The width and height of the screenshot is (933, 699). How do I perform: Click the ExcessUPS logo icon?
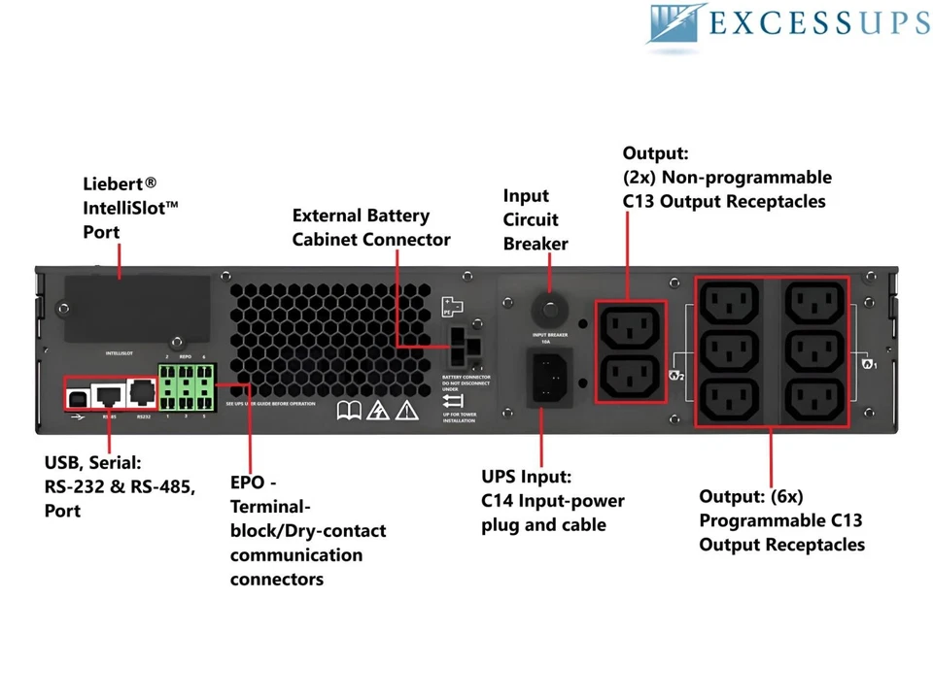click(x=677, y=23)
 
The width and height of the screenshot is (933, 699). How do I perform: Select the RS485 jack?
click(x=108, y=393)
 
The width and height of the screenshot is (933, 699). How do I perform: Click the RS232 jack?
click(x=142, y=393)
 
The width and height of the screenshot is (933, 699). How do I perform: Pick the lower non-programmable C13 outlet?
click(x=631, y=376)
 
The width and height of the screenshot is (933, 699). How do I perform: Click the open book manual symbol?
click(x=349, y=411)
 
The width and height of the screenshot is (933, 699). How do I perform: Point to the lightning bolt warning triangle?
click(x=377, y=411)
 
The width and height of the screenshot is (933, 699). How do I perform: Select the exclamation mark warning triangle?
click(x=406, y=411)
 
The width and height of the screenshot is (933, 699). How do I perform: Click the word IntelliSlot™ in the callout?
click(x=131, y=208)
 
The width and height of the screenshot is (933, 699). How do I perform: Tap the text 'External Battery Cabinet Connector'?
click(x=371, y=227)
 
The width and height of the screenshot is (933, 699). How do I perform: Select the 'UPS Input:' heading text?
click(x=526, y=477)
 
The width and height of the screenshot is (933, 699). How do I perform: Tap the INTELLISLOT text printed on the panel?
click(x=124, y=353)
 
